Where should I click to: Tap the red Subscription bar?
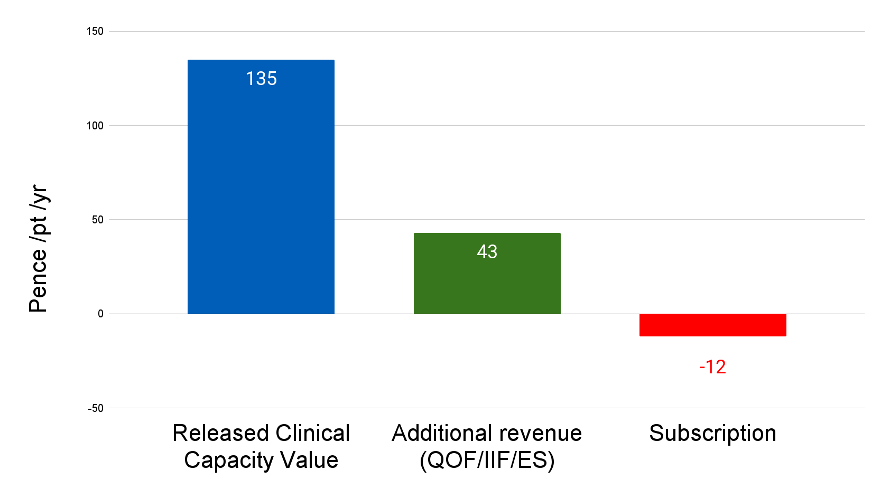pyautogui.click(x=712, y=325)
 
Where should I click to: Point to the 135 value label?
pyautogui.click(x=261, y=79)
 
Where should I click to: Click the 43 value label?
pyautogui.click(x=487, y=251)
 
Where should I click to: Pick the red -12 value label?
pyautogui.click(x=712, y=367)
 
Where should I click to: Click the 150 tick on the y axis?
pyautogui.click(x=95, y=31)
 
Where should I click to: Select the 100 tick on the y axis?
pyautogui.click(x=95, y=126)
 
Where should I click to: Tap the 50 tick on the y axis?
pyautogui.click(x=97, y=220)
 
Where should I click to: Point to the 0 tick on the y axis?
pyautogui.click(x=100, y=314)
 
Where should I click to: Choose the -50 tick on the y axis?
pyautogui.click(x=96, y=408)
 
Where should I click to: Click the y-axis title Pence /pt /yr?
pyautogui.click(x=39, y=248)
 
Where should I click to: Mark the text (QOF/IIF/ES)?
pyautogui.click(x=487, y=460)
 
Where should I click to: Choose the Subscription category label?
pyautogui.click(x=712, y=434)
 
